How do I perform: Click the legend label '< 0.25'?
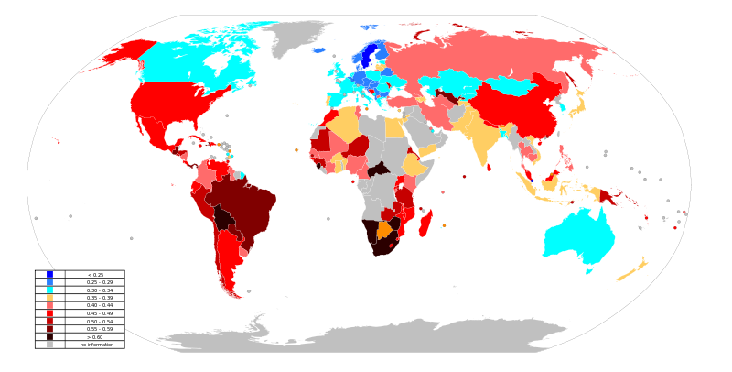tap(95, 275)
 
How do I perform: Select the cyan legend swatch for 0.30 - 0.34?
tap(49, 290)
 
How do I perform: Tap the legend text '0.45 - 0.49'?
tap(95, 313)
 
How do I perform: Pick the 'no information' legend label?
tap(95, 345)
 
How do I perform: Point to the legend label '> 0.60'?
tap(95, 337)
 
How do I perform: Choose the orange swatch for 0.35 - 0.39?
tap(49, 298)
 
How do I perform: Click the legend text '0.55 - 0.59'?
tap(95, 329)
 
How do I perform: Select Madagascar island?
tap(425, 222)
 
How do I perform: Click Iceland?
tap(319, 50)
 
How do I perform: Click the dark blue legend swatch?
tap(49, 275)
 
